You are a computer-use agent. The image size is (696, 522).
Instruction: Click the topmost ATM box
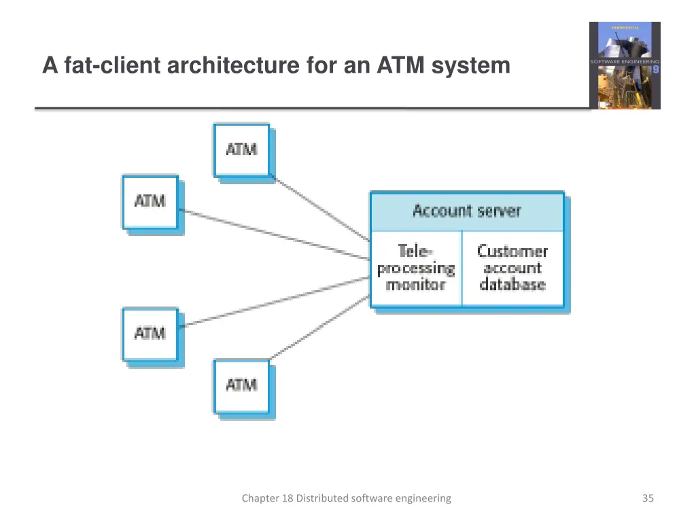coord(241,150)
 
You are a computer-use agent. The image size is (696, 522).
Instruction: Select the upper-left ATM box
coord(150,202)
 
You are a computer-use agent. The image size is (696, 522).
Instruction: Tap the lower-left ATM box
coord(150,334)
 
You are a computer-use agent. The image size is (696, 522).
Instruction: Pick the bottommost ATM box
coord(241,385)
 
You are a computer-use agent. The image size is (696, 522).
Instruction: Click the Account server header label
coord(467,211)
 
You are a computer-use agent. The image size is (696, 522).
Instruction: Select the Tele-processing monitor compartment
coord(416,268)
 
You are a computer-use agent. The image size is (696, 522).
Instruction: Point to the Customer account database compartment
coord(512,268)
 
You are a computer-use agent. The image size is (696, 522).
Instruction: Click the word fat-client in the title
coord(101,66)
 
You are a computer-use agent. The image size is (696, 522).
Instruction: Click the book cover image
coord(624,65)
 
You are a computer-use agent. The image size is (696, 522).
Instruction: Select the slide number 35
coord(648,498)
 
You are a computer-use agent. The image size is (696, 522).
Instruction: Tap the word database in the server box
coord(512,285)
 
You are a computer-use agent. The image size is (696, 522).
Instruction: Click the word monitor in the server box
coord(415,285)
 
